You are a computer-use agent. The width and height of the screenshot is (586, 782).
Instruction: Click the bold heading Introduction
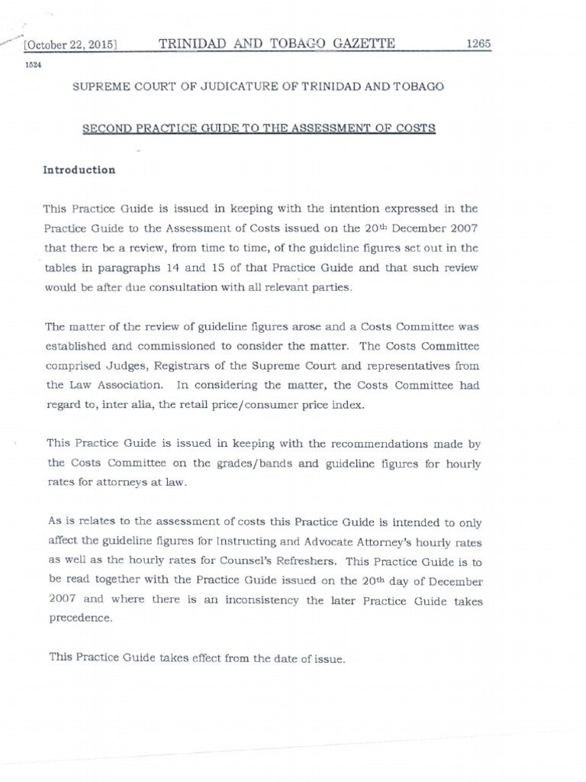coord(79,170)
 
